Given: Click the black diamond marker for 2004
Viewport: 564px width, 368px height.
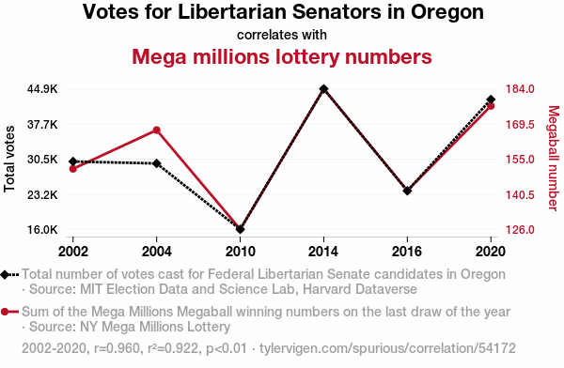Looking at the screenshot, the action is point(156,163).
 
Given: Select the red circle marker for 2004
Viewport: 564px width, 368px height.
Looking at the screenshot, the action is point(156,130).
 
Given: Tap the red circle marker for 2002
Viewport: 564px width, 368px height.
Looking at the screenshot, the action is point(73,169).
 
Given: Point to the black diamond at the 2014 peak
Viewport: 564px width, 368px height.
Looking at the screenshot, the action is point(323,89).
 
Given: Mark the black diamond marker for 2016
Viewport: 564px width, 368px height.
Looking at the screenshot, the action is point(407,191).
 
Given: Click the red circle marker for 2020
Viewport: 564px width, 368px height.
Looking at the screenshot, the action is point(491,106).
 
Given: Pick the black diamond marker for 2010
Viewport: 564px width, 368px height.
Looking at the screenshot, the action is point(241,229).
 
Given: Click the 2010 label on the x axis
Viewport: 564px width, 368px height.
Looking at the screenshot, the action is point(241,252).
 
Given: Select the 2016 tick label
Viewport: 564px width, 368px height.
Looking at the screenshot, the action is point(407,252).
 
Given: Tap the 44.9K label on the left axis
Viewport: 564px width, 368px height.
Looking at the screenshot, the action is point(42,89).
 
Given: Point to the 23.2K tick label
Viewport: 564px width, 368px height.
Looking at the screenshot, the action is point(42,194).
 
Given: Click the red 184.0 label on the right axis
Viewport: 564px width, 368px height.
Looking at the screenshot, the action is point(520,89).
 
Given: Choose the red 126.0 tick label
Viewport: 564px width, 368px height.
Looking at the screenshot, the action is point(520,229).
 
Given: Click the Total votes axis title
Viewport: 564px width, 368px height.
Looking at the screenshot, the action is point(9,159).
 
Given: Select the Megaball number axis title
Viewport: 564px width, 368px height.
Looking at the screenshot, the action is point(554,158).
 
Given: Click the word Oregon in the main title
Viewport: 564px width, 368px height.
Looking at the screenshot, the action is point(447,12).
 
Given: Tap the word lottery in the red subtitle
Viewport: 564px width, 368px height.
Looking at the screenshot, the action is point(306,56).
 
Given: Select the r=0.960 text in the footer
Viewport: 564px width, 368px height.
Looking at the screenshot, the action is point(117,348).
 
